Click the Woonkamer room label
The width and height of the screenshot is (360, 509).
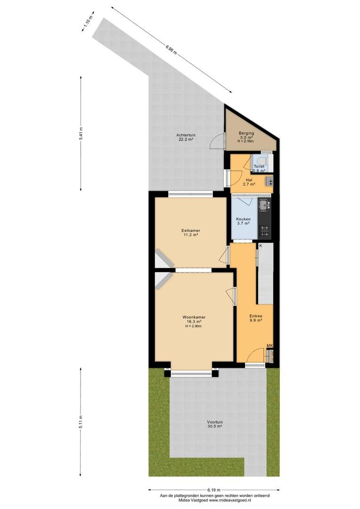(194, 317)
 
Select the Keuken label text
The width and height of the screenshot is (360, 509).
(243, 219)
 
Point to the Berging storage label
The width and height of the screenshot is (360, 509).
(246, 133)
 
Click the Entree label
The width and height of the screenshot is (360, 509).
(256, 316)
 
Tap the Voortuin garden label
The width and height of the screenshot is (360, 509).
(215, 422)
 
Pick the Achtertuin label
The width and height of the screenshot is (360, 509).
(186, 135)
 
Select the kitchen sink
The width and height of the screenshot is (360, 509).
(264, 205)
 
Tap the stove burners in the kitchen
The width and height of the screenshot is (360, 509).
(264, 231)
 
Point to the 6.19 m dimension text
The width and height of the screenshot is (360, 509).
(214, 490)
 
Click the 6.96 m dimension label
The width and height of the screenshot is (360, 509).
(171, 51)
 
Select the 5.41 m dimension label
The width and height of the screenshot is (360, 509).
(81, 133)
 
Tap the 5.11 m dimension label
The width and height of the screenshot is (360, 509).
(81, 422)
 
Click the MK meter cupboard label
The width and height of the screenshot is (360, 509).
(270, 345)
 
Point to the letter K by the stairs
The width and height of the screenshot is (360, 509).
(261, 246)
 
